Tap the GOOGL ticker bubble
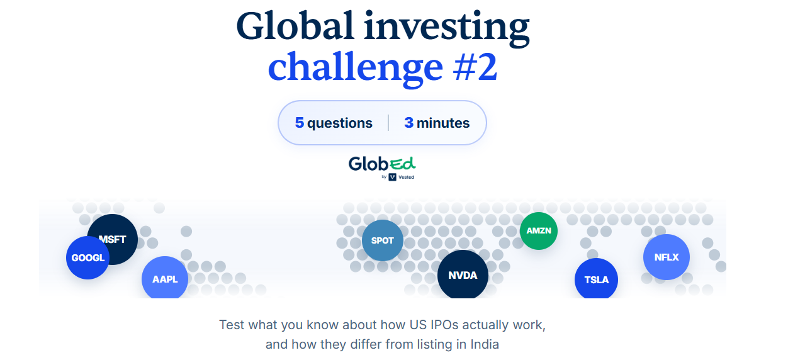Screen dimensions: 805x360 tap(87, 257)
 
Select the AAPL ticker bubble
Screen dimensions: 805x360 tap(165, 278)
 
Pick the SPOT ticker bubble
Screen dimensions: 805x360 tap(383, 240)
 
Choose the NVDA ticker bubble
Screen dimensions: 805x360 tap(463, 274)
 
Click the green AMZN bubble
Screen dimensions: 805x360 tap(539, 230)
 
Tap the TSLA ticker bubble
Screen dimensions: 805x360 tap(597, 279)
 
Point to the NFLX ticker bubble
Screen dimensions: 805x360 tap(667, 257)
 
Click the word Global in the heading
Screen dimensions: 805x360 tap(295, 26)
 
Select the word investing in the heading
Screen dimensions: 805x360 tap(447, 28)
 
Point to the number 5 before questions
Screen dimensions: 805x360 tap(300, 123)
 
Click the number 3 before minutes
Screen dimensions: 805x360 tap(408, 123)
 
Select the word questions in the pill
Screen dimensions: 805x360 tap(340, 123)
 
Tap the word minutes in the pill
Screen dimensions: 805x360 tap(443, 123)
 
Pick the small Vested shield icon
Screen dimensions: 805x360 tap(393, 177)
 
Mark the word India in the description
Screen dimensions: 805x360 tap(485, 344)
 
